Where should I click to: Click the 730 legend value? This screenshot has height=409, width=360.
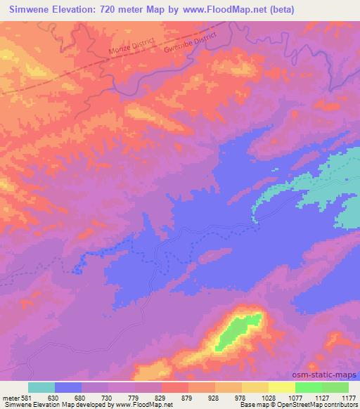click(x=108, y=398)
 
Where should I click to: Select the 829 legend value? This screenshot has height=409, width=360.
click(x=162, y=398)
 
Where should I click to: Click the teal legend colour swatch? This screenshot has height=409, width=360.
click(x=41, y=387)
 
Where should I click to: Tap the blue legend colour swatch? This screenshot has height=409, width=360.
click(x=68, y=387)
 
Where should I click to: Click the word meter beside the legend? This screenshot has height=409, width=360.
click(x=9, y=398)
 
